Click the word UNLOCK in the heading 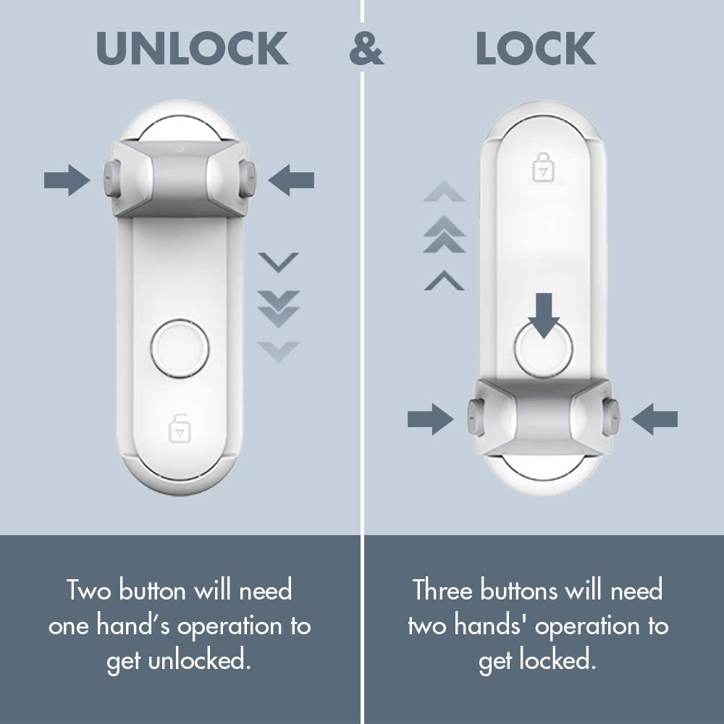tap(192, 49)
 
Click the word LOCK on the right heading tap(536, 49)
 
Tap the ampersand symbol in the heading tap(366, 49)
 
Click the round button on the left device tap(180, 348)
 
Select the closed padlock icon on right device tap(542, 167)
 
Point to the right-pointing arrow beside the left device tap(67, 180)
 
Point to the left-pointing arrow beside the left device tap(291, 180)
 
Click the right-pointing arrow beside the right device tap(430, 418)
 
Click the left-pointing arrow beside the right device tap(654, 418)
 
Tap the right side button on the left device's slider tap(248, 180)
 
